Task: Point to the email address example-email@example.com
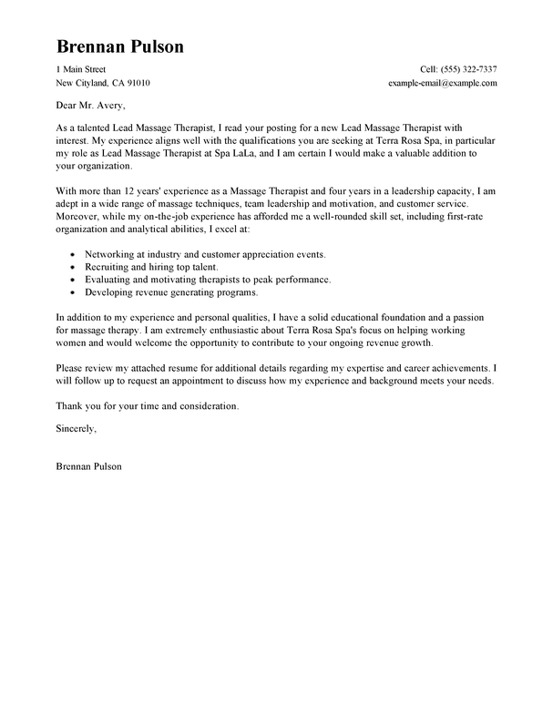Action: pyautogui.click(x=442, y=83)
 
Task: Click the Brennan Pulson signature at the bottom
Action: pyautogui.click(x=88, y=466)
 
